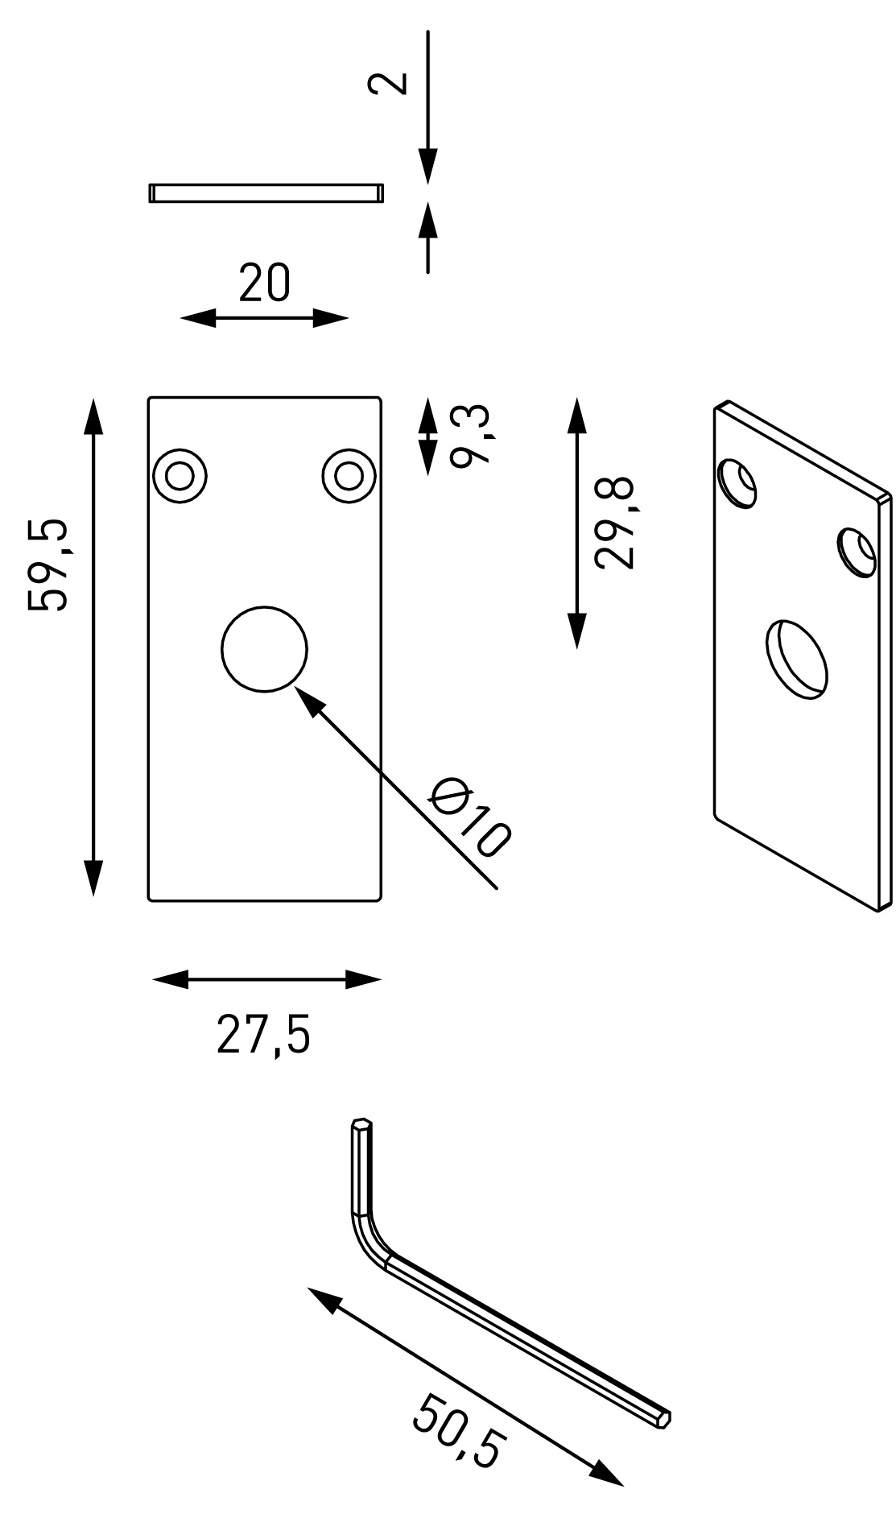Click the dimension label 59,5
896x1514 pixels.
click(x=48, y=566)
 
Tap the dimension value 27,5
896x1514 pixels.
click(x=263, y=1036)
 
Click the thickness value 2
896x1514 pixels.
click(x=387, y=84)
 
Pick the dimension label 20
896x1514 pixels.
click(x=264, y=283)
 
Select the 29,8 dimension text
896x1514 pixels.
click(x=615, y=523)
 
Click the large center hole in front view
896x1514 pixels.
click(x=265, y=648)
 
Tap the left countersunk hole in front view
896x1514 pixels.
click(x=180, y=476)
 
